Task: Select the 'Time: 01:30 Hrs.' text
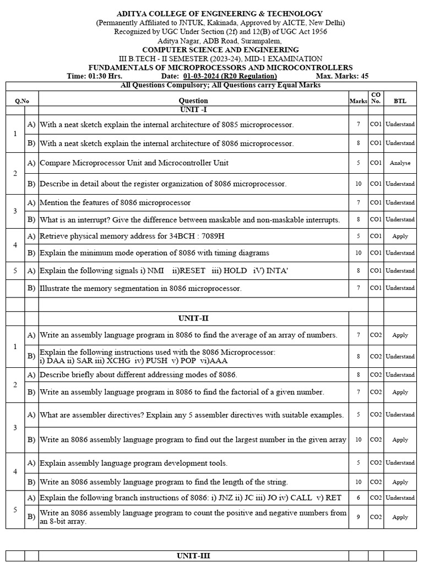coord(94,76)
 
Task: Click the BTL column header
coord(400,101)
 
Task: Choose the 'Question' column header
coord(193,101)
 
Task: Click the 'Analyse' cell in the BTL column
coord(400,163)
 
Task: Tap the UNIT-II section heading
coord(193,318)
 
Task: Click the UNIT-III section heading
coord(193,556)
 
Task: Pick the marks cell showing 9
coord(358,517)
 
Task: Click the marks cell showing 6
coord(358,498)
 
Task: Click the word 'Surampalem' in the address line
coord(262,41)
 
